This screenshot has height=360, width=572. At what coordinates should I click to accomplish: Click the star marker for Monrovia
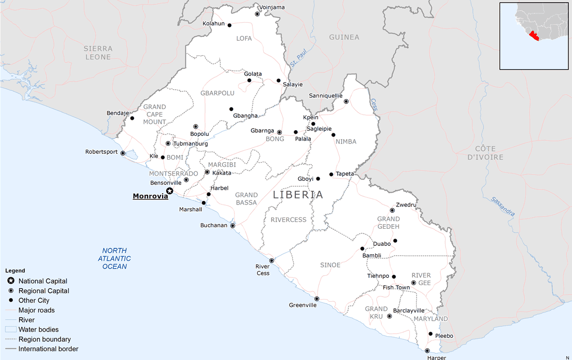coord(169,191)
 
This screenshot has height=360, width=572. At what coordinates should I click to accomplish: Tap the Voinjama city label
coord(272,7)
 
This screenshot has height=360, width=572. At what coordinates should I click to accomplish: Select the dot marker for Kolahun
coord(229,25)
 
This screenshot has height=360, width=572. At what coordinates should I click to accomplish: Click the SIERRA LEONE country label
coord(98,53)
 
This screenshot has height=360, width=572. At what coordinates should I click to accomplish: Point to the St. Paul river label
coord(298,59)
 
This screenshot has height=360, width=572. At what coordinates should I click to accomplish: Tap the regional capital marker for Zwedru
coord(392,210)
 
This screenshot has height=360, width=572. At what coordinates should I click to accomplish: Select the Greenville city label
coord(303,305)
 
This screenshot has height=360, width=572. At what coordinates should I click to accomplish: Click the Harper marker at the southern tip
coord(427,351)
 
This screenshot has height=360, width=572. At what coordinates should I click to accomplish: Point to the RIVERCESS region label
coord(289,220)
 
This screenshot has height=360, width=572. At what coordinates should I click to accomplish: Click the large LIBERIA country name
coord(298,195)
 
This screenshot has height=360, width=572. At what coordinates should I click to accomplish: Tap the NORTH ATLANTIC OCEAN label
coord(115,258)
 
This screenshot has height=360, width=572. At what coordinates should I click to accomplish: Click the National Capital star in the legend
coord(11,281)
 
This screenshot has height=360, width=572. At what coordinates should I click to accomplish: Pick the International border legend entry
coord(49,349)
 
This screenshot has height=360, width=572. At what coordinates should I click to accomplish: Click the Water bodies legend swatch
coord(11,330)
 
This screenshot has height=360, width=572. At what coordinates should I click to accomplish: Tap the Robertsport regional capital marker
coord(123,153)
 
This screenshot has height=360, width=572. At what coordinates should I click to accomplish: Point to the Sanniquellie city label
coord(326,96)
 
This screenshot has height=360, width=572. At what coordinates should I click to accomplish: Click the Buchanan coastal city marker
coord(232,226)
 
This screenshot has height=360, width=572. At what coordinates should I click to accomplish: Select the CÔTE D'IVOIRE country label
coord(485,153)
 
